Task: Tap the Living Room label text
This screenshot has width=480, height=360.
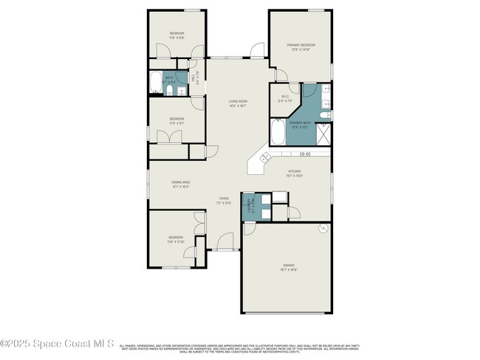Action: pos(237,103)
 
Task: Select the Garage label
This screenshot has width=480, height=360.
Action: pos(288,266)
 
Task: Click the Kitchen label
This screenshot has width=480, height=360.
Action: pos(295,174)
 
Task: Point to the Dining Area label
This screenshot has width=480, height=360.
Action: pos(181,184)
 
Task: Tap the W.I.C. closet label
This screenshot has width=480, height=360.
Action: pos(285,100)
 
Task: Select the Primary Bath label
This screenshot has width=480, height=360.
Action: pos(299,125)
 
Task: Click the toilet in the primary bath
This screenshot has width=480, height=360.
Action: pos(326,115)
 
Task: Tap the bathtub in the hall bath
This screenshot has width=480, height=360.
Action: pos(156,83)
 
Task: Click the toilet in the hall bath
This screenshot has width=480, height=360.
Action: pos(169,91)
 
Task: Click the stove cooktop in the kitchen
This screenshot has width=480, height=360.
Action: pos(304,154)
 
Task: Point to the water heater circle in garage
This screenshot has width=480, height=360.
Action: pos(322,229)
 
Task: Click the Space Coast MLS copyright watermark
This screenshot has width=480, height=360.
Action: pos(57,344)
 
